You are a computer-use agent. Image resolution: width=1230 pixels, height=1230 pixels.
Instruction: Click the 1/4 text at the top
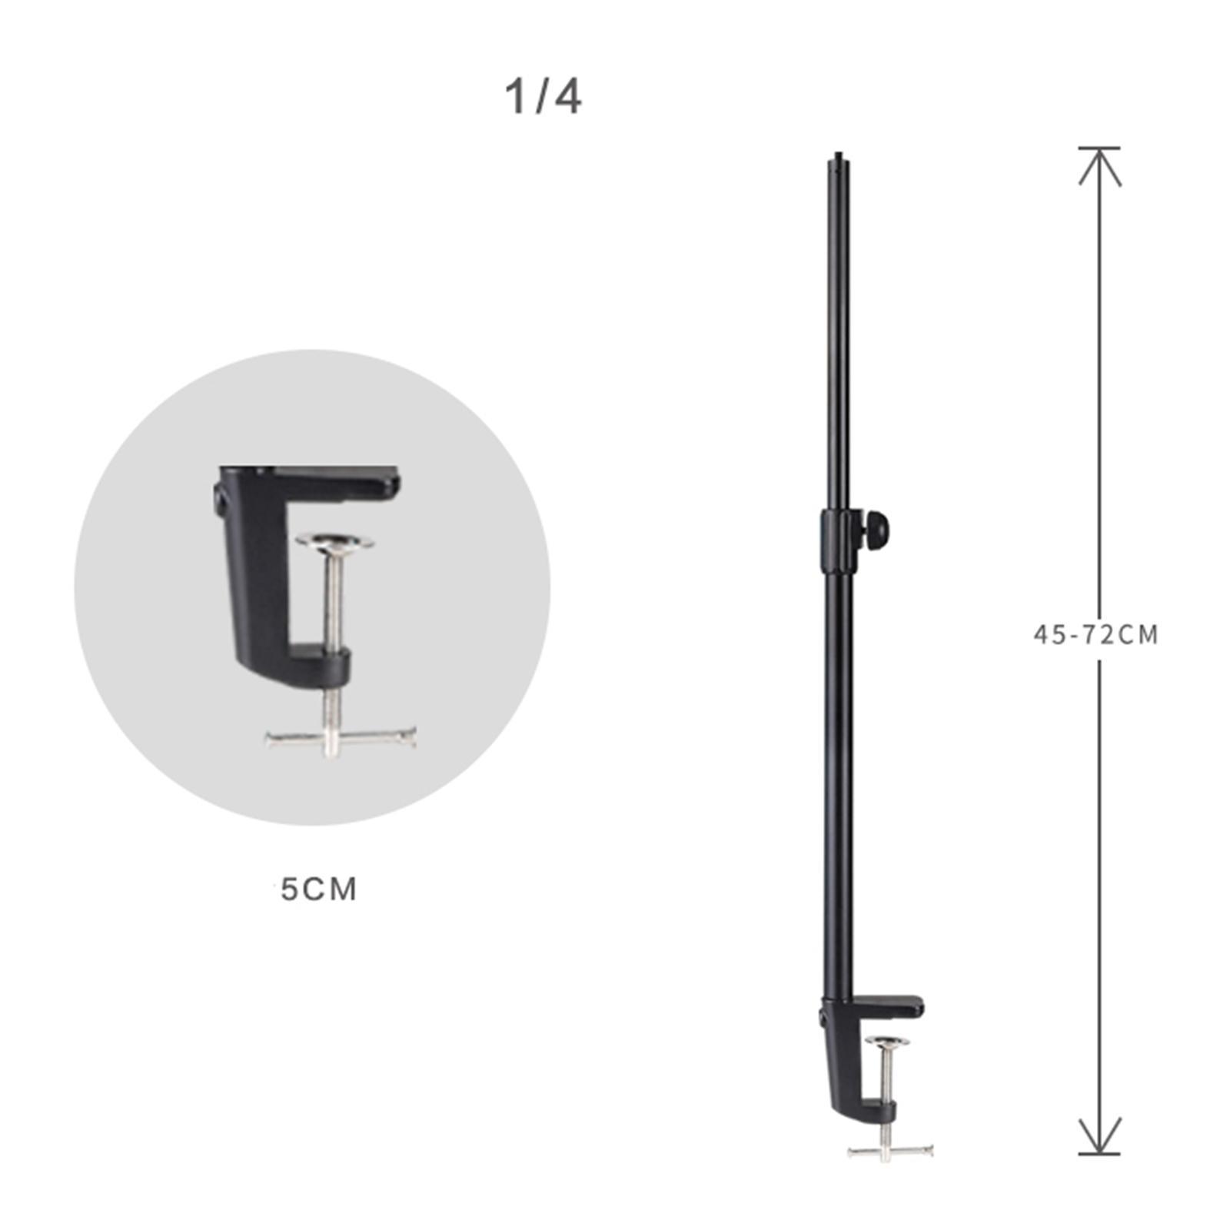click(x=543, y=98)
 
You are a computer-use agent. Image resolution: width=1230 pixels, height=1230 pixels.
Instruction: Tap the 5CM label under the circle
click(x=318, y=889)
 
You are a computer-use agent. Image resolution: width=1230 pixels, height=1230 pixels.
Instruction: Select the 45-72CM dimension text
click(x=1095, y=635)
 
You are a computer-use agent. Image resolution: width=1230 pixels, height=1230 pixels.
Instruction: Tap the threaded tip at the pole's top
click(x=835, y=163)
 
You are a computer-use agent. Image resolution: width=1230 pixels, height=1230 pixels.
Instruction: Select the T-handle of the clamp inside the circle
click(x=341, y=739)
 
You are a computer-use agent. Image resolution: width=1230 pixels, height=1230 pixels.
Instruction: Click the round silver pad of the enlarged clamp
click(x=334, y=541)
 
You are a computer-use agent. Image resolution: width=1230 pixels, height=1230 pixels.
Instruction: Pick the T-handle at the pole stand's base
click(x=889, y=1151)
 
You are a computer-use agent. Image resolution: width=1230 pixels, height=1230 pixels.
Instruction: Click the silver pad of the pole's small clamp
click(x=887, y=1042)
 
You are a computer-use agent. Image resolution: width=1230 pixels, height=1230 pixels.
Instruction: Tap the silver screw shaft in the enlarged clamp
click(x=333, y=600)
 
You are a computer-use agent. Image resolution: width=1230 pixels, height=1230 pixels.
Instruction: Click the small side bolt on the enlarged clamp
click(x=219, y=500)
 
